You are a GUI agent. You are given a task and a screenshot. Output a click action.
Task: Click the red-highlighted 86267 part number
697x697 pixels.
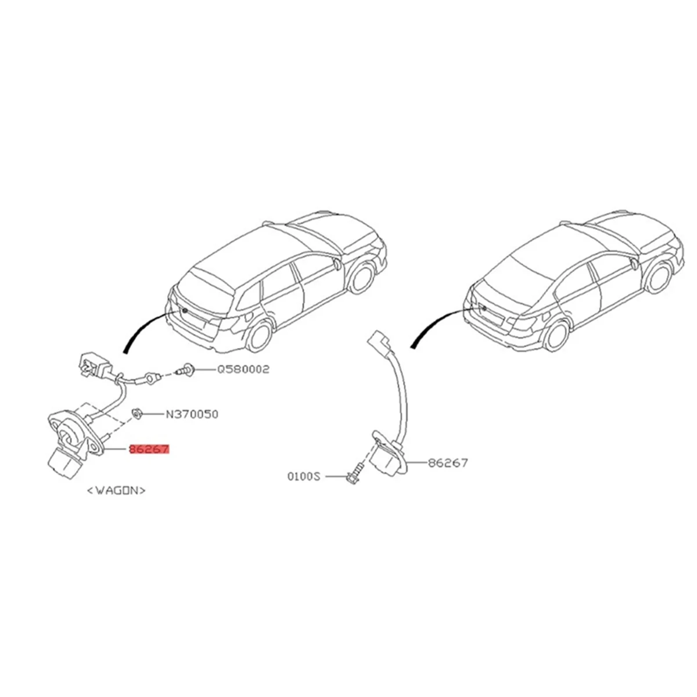[149, 450]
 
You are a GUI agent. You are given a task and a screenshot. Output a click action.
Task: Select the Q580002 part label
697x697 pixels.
[243, 369]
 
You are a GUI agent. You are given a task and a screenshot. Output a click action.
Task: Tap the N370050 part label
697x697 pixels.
[192, 414]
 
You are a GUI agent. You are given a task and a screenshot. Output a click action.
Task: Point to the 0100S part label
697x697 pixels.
[304, 476]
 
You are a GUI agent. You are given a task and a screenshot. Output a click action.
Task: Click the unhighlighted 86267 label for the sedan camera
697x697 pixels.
[447, 463]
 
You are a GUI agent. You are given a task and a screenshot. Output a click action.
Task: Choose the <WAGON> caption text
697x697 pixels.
[116, 490]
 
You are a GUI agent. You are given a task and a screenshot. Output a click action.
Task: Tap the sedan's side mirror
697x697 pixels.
[631, 264]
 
